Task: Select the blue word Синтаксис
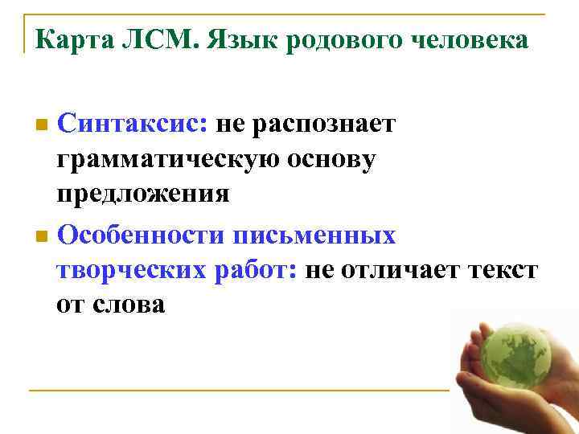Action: tap(133, 125)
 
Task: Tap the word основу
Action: tap(335, 160)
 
